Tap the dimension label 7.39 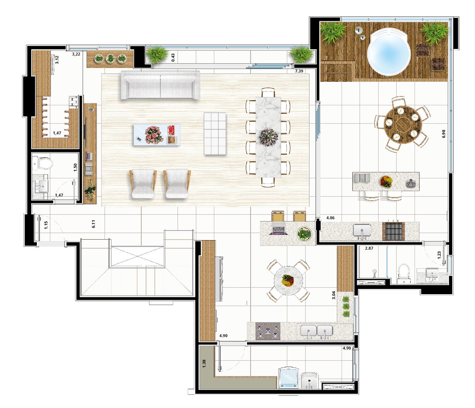(299, 71)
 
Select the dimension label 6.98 (443, 133)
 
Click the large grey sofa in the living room (160, 85)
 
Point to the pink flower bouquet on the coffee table (154, 135)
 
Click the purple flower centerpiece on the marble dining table (269, 137)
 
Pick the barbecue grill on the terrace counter (393, 231)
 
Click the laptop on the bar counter (279, 229)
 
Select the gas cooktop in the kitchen (268, 331)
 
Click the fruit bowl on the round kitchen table (288, 280)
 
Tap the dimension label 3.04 (333, 295)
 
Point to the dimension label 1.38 (204, 364)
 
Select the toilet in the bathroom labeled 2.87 (404, 273)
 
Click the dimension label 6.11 (93, 224)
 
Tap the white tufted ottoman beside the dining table (215, 133)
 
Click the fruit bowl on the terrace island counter (386, 182)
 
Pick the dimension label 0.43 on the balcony (173, 57)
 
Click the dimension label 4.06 (330, 218)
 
